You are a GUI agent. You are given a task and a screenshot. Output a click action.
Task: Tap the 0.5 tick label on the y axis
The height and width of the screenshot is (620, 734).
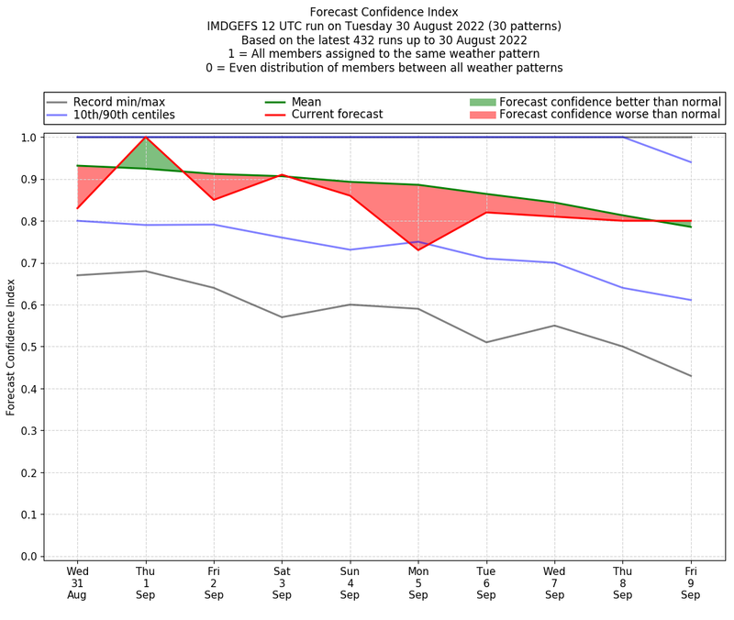click(x=29, y=347)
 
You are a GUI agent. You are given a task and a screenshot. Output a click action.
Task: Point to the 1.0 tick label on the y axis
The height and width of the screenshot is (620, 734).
click(x=29, y=138)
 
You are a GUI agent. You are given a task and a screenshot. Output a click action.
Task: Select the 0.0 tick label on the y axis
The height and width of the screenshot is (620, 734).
click(x=29, y=557)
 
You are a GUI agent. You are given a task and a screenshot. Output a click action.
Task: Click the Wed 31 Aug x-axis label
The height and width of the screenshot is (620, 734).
click(x=77, y=582)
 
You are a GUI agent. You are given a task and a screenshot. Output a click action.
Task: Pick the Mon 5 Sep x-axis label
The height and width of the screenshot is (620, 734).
click(x=418, y=582)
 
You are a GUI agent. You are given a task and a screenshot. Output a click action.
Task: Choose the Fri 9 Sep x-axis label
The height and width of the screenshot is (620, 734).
click(x=691, y=582)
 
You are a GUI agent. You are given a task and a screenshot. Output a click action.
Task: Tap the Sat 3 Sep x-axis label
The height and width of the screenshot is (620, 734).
click(x=282, y=582)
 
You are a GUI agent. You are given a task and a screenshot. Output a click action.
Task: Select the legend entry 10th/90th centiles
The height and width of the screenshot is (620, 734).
click(x=124, y=115)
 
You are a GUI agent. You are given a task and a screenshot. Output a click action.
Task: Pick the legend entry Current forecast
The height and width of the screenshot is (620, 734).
click(x=337, y=115)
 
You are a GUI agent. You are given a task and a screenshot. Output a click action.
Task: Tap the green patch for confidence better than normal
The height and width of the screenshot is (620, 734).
click(x=483, y=102)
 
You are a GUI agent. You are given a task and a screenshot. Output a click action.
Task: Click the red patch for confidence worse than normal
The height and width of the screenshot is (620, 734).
click(x=483, y=115)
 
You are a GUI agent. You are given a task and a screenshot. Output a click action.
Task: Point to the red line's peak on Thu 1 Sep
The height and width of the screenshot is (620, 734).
click(x=145, y=137)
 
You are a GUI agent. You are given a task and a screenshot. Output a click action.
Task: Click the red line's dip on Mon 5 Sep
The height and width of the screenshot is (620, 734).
click(x=418, y=250)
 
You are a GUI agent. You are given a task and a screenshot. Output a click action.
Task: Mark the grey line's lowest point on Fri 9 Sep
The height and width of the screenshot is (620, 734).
click(x=691, y=376)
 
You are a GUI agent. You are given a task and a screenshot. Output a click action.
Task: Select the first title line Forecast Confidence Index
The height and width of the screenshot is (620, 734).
click(x=384, y=12)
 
